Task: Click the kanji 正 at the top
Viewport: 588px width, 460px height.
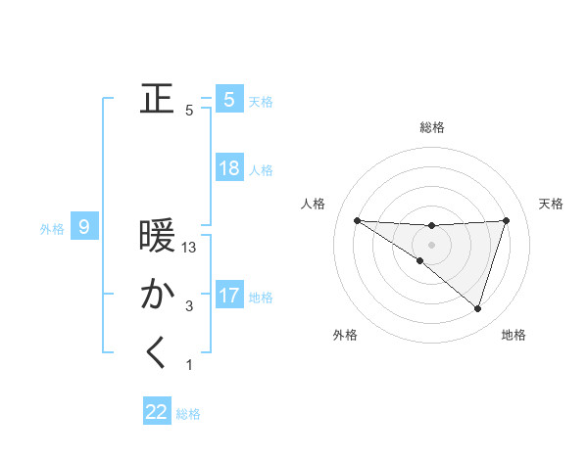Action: (x=157, y=99)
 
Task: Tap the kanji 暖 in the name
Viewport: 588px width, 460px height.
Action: (x=157, y=237)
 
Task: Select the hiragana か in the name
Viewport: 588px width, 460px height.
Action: (x=157, y=295)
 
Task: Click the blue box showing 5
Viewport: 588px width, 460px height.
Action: (x=229, y=99)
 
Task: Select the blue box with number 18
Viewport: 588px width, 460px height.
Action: (x=229, y=168)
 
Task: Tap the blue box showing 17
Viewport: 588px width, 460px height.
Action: (x=229, y=295)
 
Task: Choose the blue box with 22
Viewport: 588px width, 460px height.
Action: (x=157, y=412)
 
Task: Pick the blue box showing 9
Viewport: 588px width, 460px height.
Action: (x=84, y=228)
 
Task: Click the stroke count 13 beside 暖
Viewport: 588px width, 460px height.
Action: (x=190, y=249)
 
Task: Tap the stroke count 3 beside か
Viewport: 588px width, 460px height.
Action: (x=189, y=306)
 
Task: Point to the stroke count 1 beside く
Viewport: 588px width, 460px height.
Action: (x=189, y=365)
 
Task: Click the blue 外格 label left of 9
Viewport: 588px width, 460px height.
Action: (x=52, y=229)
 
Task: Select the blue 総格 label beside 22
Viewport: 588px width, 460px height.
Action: (x=188, y=414)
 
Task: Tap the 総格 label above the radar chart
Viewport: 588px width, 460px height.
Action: (x=431, y=127)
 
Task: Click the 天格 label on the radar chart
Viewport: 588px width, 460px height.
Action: (x=551, y=204)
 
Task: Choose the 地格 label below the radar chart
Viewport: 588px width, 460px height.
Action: (x=514, y=335)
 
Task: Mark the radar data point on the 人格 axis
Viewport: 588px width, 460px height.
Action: (x=357, y=220)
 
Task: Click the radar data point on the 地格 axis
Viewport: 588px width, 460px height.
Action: (x=477, y=308)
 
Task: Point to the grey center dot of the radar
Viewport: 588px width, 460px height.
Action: (x=431, y=244)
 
